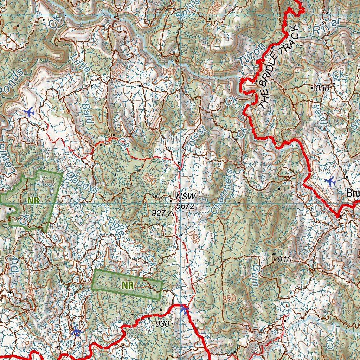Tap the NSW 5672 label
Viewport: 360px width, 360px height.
(x=185, y=201)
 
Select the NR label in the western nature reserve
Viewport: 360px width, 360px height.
(x=33, y=200)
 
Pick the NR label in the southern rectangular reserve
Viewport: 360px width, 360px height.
(x=128, y=285)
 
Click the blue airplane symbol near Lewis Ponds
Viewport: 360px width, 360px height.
(x=29, y=112)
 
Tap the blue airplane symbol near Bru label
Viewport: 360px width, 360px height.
(x=330, y=181)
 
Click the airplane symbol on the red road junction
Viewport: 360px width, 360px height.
(x=184, y=309)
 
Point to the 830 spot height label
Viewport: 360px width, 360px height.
(x=322, y=89)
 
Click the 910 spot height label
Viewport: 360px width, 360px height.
(x=285, y=260)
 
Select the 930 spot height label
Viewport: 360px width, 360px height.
(x=162, y=324)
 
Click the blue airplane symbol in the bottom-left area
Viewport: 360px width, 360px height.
(x=76, y=331)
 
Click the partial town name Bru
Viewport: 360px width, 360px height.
(x=353, y=193)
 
